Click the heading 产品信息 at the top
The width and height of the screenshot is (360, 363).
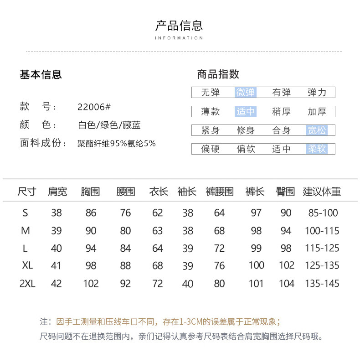[x=179, y=26]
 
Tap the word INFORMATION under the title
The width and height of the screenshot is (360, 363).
[x=179, y=38]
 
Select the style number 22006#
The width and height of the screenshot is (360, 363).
[x=94, y=107]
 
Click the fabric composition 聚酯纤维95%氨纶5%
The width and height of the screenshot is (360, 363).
[x=117, y=143]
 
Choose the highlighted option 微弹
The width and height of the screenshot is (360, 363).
[x=246, y=93]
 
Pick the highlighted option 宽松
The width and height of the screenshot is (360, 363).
[x=316, y=130]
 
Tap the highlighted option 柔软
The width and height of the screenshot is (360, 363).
[x=316, y=149]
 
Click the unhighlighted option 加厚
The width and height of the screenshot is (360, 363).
[x=317, y=111]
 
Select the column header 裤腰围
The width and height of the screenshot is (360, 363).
[x=219, y=192]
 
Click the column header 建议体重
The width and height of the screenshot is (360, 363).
[x=322, y=192]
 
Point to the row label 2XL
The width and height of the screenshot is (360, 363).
[x=27, y=284]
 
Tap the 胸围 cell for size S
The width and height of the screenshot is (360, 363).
[x=91, y=213]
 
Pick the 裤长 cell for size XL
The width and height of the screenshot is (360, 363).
[x=256, y=265]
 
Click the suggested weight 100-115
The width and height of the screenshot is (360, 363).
[x=322, y=231]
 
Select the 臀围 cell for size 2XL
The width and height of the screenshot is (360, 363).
[x=286, y=284]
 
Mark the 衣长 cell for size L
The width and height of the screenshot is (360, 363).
[x=157, y=249]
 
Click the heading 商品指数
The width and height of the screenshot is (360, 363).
[x=218, y=74]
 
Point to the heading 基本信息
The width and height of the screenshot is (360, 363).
[x=41, y=74]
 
